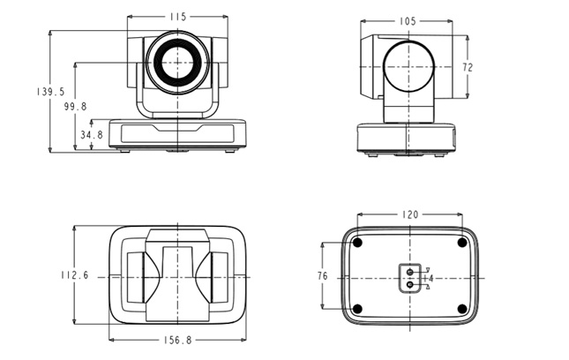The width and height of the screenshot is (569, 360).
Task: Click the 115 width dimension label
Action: point(178,17)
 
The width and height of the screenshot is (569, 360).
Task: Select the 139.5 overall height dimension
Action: point(50,92)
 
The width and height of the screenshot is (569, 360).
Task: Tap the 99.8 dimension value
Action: point(76,107)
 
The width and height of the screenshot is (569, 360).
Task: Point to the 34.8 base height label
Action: point(92,135)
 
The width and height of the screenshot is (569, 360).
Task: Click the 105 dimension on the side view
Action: point(408,21)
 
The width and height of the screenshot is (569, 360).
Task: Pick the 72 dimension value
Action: point(468,67)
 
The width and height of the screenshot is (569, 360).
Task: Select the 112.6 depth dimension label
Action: point(75,275)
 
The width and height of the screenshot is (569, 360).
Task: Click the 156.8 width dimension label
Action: point(177,340)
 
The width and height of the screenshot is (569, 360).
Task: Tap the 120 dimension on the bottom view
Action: point(410,214)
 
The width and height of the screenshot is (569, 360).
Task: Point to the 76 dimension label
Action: point(322,276)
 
